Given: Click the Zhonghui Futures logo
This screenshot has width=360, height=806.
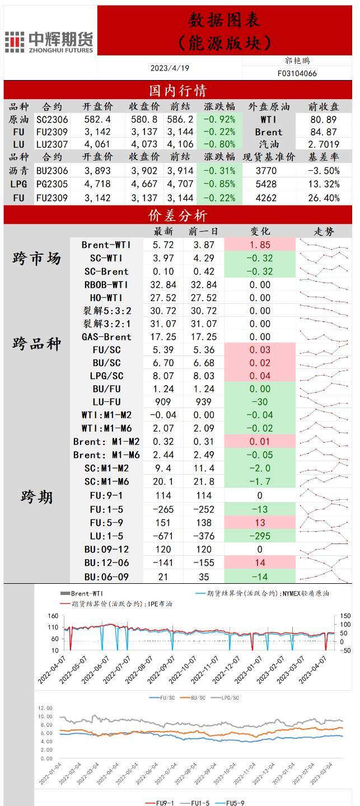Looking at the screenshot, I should pos(49,42).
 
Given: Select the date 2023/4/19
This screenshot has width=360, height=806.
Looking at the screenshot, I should pos(170,68).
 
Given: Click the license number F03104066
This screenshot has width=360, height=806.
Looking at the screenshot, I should pos(297,73).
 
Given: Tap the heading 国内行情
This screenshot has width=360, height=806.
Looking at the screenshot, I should pos(177,91).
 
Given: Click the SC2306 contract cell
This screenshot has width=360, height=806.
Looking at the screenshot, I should pos(52,119).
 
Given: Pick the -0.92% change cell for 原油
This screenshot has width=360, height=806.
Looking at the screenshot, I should pos(219,119).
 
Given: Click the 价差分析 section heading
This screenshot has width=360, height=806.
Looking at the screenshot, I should pos(177,215).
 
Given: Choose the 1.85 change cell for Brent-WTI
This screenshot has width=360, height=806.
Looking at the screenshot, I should pos(260,245).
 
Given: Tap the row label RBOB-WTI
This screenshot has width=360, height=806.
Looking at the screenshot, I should pos(106,285).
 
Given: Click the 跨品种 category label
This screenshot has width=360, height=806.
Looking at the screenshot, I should pos(36,343).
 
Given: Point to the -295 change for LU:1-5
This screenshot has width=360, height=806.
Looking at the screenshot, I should pos(260,536).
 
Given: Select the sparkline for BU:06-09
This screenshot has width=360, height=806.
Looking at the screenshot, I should pos(324,576).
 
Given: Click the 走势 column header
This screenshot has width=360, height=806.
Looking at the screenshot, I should pos(324,231).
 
